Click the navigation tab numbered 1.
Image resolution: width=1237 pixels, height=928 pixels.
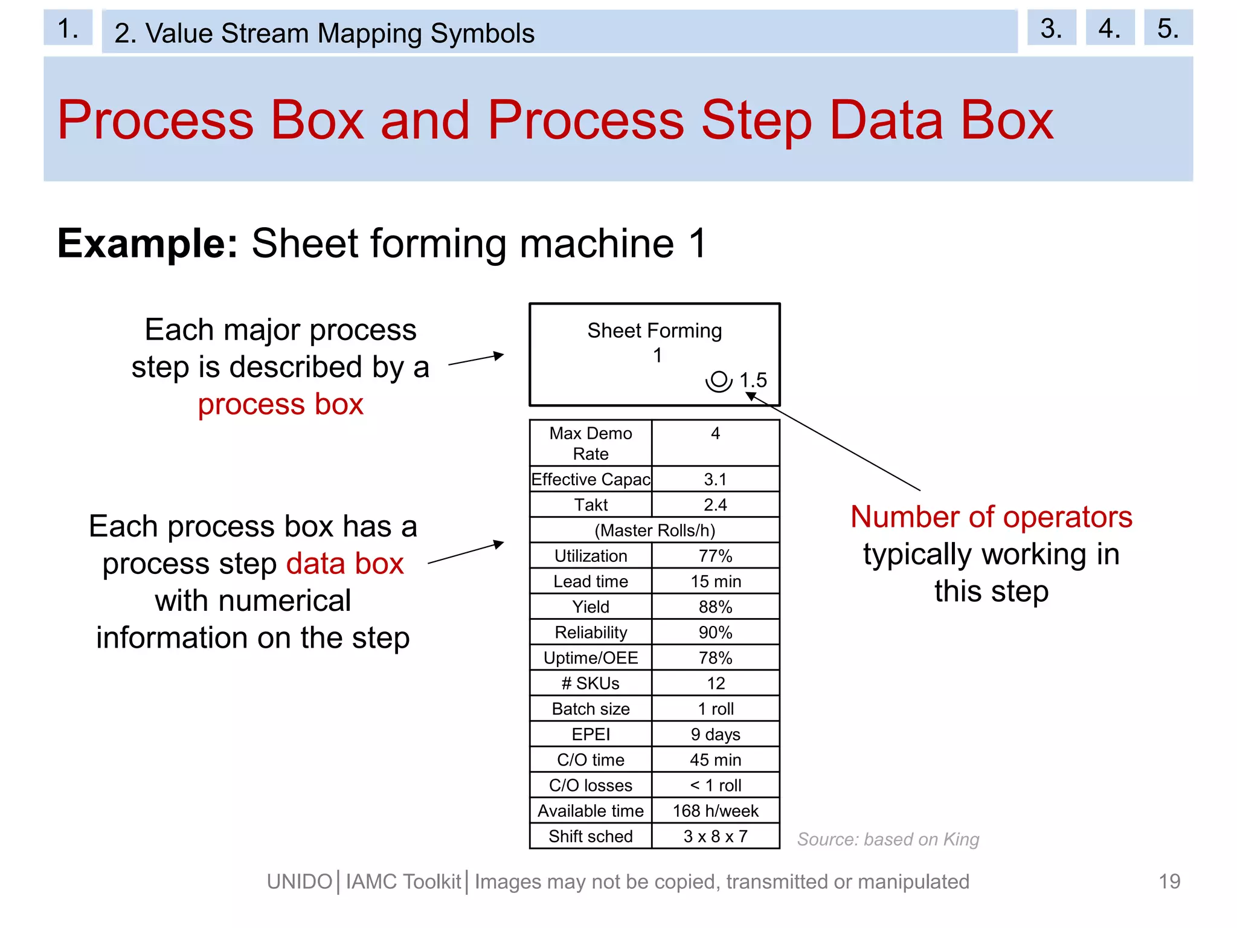pos(68,28)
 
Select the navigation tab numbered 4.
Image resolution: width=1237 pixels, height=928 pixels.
pos(1110,28)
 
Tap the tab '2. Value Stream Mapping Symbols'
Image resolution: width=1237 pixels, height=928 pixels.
pos(324,33)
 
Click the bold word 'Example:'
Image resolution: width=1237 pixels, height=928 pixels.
pos(147,243)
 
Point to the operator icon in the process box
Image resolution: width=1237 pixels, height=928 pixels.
pos(719,381)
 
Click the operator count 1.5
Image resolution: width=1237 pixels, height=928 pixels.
pos(753,380)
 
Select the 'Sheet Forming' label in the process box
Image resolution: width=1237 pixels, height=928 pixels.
pos(655,331)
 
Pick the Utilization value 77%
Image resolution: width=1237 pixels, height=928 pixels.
pos(715,556)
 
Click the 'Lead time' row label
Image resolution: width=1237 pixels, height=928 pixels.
pos(591,581)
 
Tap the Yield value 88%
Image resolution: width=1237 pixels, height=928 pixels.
pos(715,607)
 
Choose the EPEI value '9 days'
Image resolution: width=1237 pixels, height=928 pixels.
pos(715,734)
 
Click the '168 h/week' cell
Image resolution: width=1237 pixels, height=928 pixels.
pos(715,811)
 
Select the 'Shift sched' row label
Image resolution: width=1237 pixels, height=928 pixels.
pos(591,836)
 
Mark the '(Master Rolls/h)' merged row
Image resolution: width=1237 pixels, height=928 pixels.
pos(655,530)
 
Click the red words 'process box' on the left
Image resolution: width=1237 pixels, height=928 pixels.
pos(280,404)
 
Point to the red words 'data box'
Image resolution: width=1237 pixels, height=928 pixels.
pos(344,564)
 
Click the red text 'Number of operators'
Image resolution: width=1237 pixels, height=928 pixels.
pos(991,517)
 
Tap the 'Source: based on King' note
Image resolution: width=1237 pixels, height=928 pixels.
pos(888,839)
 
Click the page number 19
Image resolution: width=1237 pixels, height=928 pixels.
pos(1169,881)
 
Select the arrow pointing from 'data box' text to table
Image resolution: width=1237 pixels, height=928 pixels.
pos(466,553)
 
